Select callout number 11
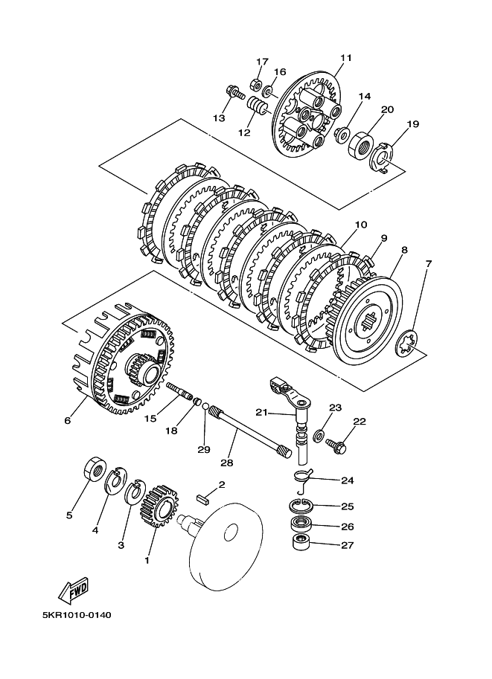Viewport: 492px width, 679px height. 346,58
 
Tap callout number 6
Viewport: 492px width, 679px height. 68,420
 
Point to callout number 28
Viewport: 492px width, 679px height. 227,463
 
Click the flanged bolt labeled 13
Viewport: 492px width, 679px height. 234,92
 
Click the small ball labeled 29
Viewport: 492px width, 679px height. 205,408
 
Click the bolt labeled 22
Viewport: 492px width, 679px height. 337,445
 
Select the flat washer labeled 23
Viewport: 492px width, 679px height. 320,434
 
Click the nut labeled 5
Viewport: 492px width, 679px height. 94,469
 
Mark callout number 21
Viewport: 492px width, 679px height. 261,412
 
